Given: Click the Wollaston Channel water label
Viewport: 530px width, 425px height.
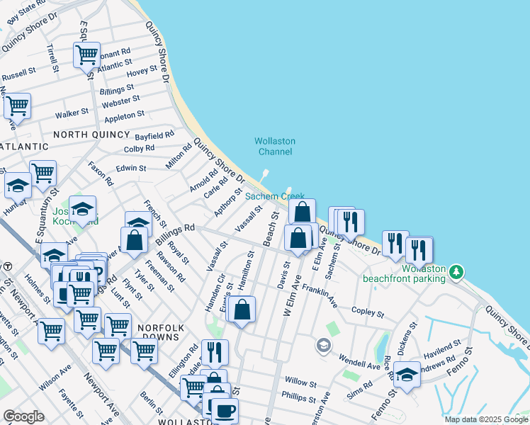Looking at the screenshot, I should tap(275, 147).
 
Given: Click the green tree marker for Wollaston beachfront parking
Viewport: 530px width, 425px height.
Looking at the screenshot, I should tap(458, 271).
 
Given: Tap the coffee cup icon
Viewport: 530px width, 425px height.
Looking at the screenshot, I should tap(225, 410).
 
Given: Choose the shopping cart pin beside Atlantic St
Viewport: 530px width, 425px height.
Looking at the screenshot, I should tap(86, 53).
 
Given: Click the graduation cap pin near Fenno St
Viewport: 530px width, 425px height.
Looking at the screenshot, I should tap(407, 373).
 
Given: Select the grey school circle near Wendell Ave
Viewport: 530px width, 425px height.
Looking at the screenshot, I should tap(324, 345).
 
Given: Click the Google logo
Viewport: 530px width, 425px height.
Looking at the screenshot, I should tap(23, 416).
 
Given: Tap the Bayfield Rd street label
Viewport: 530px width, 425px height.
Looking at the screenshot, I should tap(154, 135).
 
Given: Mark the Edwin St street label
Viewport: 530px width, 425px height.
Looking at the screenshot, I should tap(130, 169).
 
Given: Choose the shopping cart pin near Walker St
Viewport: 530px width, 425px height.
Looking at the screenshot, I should tap(17, 106).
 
